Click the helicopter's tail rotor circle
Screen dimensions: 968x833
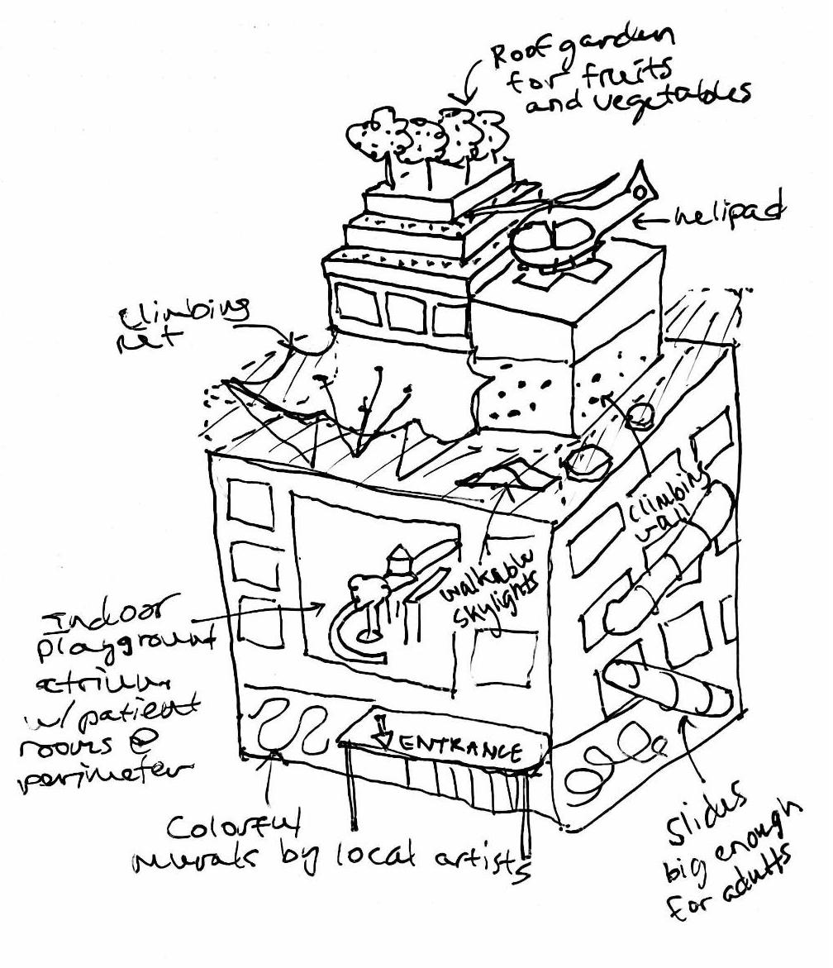pos(639,193)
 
